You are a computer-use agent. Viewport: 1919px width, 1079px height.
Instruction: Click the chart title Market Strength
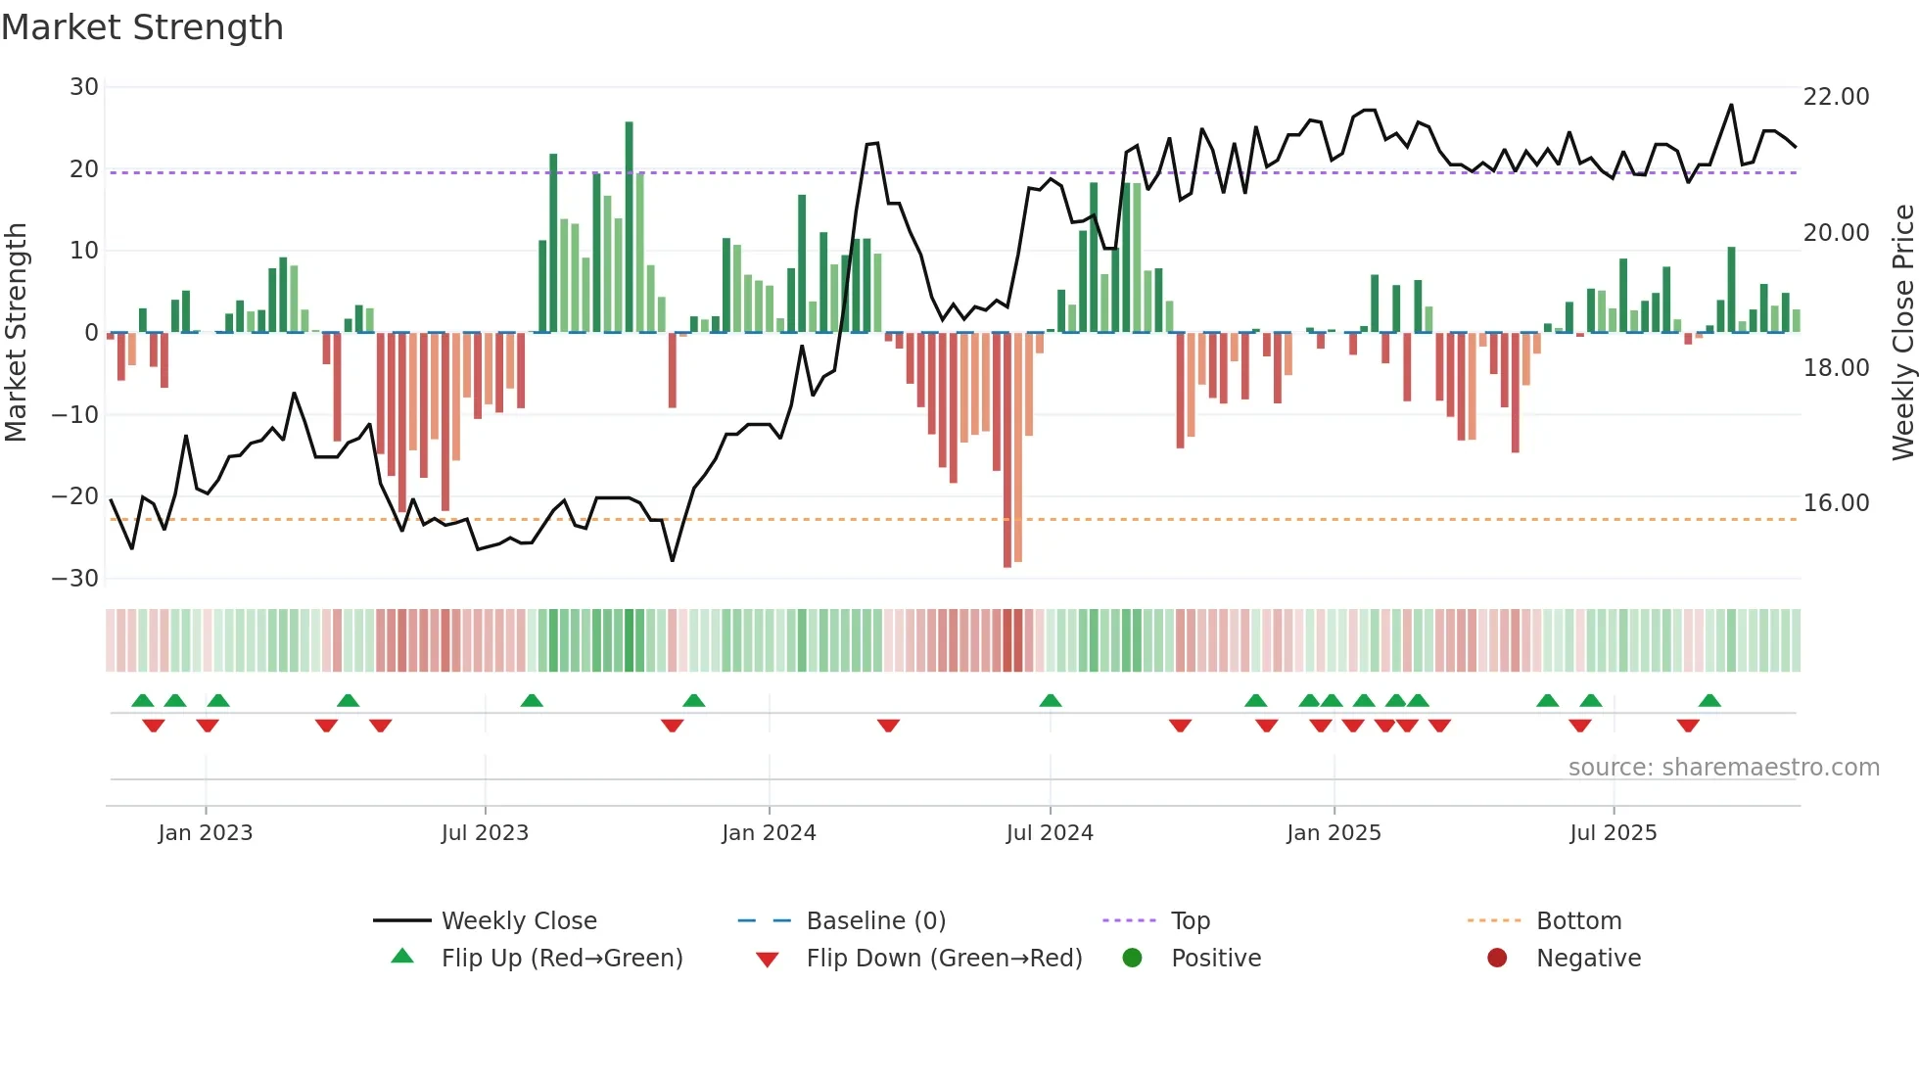click(x=142, y=27)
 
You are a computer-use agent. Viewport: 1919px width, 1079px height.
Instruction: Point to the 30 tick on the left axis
click(x=84, y=87)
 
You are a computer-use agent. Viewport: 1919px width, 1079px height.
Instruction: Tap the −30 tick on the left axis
click(x=75, y=578)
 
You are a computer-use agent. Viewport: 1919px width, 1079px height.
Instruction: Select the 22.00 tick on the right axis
click(x=1836, y=97)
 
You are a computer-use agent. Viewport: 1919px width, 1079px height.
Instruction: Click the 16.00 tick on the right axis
click(x=1836, y=503)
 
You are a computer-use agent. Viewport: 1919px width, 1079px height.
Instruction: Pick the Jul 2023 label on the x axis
click(x=485, y=833)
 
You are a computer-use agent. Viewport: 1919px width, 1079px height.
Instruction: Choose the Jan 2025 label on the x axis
click(x=1334, y=833)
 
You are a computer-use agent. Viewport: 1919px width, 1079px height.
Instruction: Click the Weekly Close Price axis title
click(x=1902, y=333)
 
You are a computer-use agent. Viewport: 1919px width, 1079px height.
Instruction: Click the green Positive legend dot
click(x=1133, y=959)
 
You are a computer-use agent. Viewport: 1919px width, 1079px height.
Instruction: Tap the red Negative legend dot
click(x=1497, y=959)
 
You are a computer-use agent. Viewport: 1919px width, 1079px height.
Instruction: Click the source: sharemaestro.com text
click(x=1723, y=768)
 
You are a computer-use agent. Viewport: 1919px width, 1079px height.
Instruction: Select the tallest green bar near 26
click(x=629, y=225)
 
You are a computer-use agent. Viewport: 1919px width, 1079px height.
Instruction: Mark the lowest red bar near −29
click(x=1007, y=450)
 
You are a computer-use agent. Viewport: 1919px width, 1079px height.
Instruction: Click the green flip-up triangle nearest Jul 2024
click(x=1051, y=701)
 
